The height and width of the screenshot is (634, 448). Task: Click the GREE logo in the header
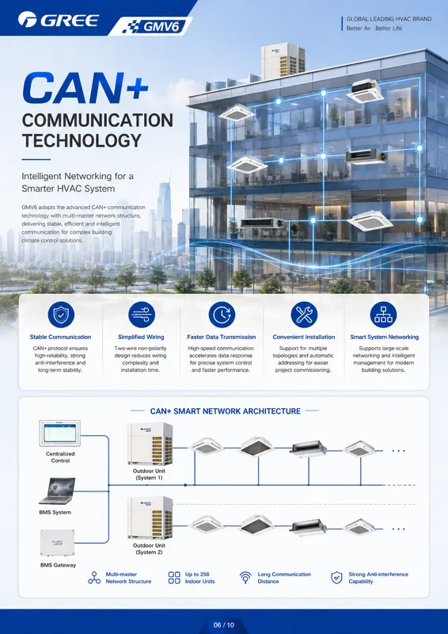(58, 19)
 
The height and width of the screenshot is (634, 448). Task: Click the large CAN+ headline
(85, 88)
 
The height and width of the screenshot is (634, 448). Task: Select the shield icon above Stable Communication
(61, 315)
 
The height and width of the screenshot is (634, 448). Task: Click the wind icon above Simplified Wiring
(142, 315)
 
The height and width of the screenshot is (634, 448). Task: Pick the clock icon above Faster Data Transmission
(222, 315)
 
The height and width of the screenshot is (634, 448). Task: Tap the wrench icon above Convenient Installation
(304, 315)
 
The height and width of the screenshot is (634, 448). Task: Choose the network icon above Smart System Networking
(383, 315)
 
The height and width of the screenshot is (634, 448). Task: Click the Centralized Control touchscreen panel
(60, 433)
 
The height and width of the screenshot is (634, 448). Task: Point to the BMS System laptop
(57, 491)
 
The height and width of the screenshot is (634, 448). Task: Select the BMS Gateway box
(57, 543)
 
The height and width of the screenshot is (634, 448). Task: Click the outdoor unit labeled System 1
(150, 444)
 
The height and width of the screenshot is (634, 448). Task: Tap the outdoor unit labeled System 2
(150, 518)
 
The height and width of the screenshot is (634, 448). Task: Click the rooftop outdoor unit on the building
(283, 61)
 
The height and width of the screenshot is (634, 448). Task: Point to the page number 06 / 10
(224, 624)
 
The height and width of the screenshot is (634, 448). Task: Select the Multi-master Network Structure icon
(94, 578)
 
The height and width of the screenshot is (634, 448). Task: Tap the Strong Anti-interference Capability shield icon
(336, 578)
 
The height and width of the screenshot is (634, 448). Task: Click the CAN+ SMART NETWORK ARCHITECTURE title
(226, 411)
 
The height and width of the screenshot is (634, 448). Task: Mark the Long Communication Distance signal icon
(245, 578)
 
